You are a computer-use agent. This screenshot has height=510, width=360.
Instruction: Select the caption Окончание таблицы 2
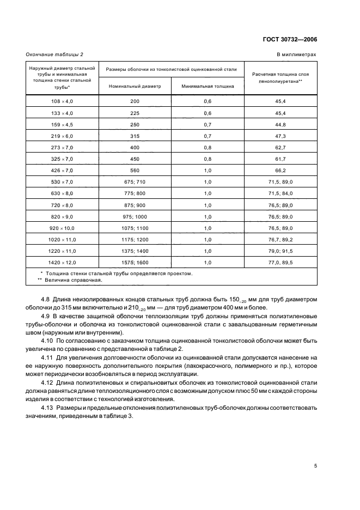click(54, 54)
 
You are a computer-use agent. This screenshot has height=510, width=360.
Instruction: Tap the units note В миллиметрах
click(297, 54)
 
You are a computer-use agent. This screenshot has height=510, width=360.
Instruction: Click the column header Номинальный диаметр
click(135, 86)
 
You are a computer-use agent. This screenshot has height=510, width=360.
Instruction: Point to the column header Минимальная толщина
click(208, 86)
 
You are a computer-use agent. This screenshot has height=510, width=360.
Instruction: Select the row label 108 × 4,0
click(62, 102)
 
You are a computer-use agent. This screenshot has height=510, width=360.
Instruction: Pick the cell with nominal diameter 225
click(135, 113)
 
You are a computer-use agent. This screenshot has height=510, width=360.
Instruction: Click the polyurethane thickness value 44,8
click(280, 124)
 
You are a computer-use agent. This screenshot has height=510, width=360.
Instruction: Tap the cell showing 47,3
click(280, 136)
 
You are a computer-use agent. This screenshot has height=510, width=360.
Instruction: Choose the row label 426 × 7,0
click(62, 170)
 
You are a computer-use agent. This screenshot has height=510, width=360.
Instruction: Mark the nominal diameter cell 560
click(135, 170)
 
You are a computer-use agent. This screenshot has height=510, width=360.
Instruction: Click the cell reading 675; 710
click(135, 181)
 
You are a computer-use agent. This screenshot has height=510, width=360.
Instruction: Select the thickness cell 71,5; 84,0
click(280, 193)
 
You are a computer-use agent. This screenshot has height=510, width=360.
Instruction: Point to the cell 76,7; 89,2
click(280, 239)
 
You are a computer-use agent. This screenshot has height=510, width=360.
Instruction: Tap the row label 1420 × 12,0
click(62, 262)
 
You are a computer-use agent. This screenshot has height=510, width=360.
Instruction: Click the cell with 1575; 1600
click(135, 262)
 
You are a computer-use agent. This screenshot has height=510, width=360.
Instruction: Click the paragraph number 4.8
click(46, 299)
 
